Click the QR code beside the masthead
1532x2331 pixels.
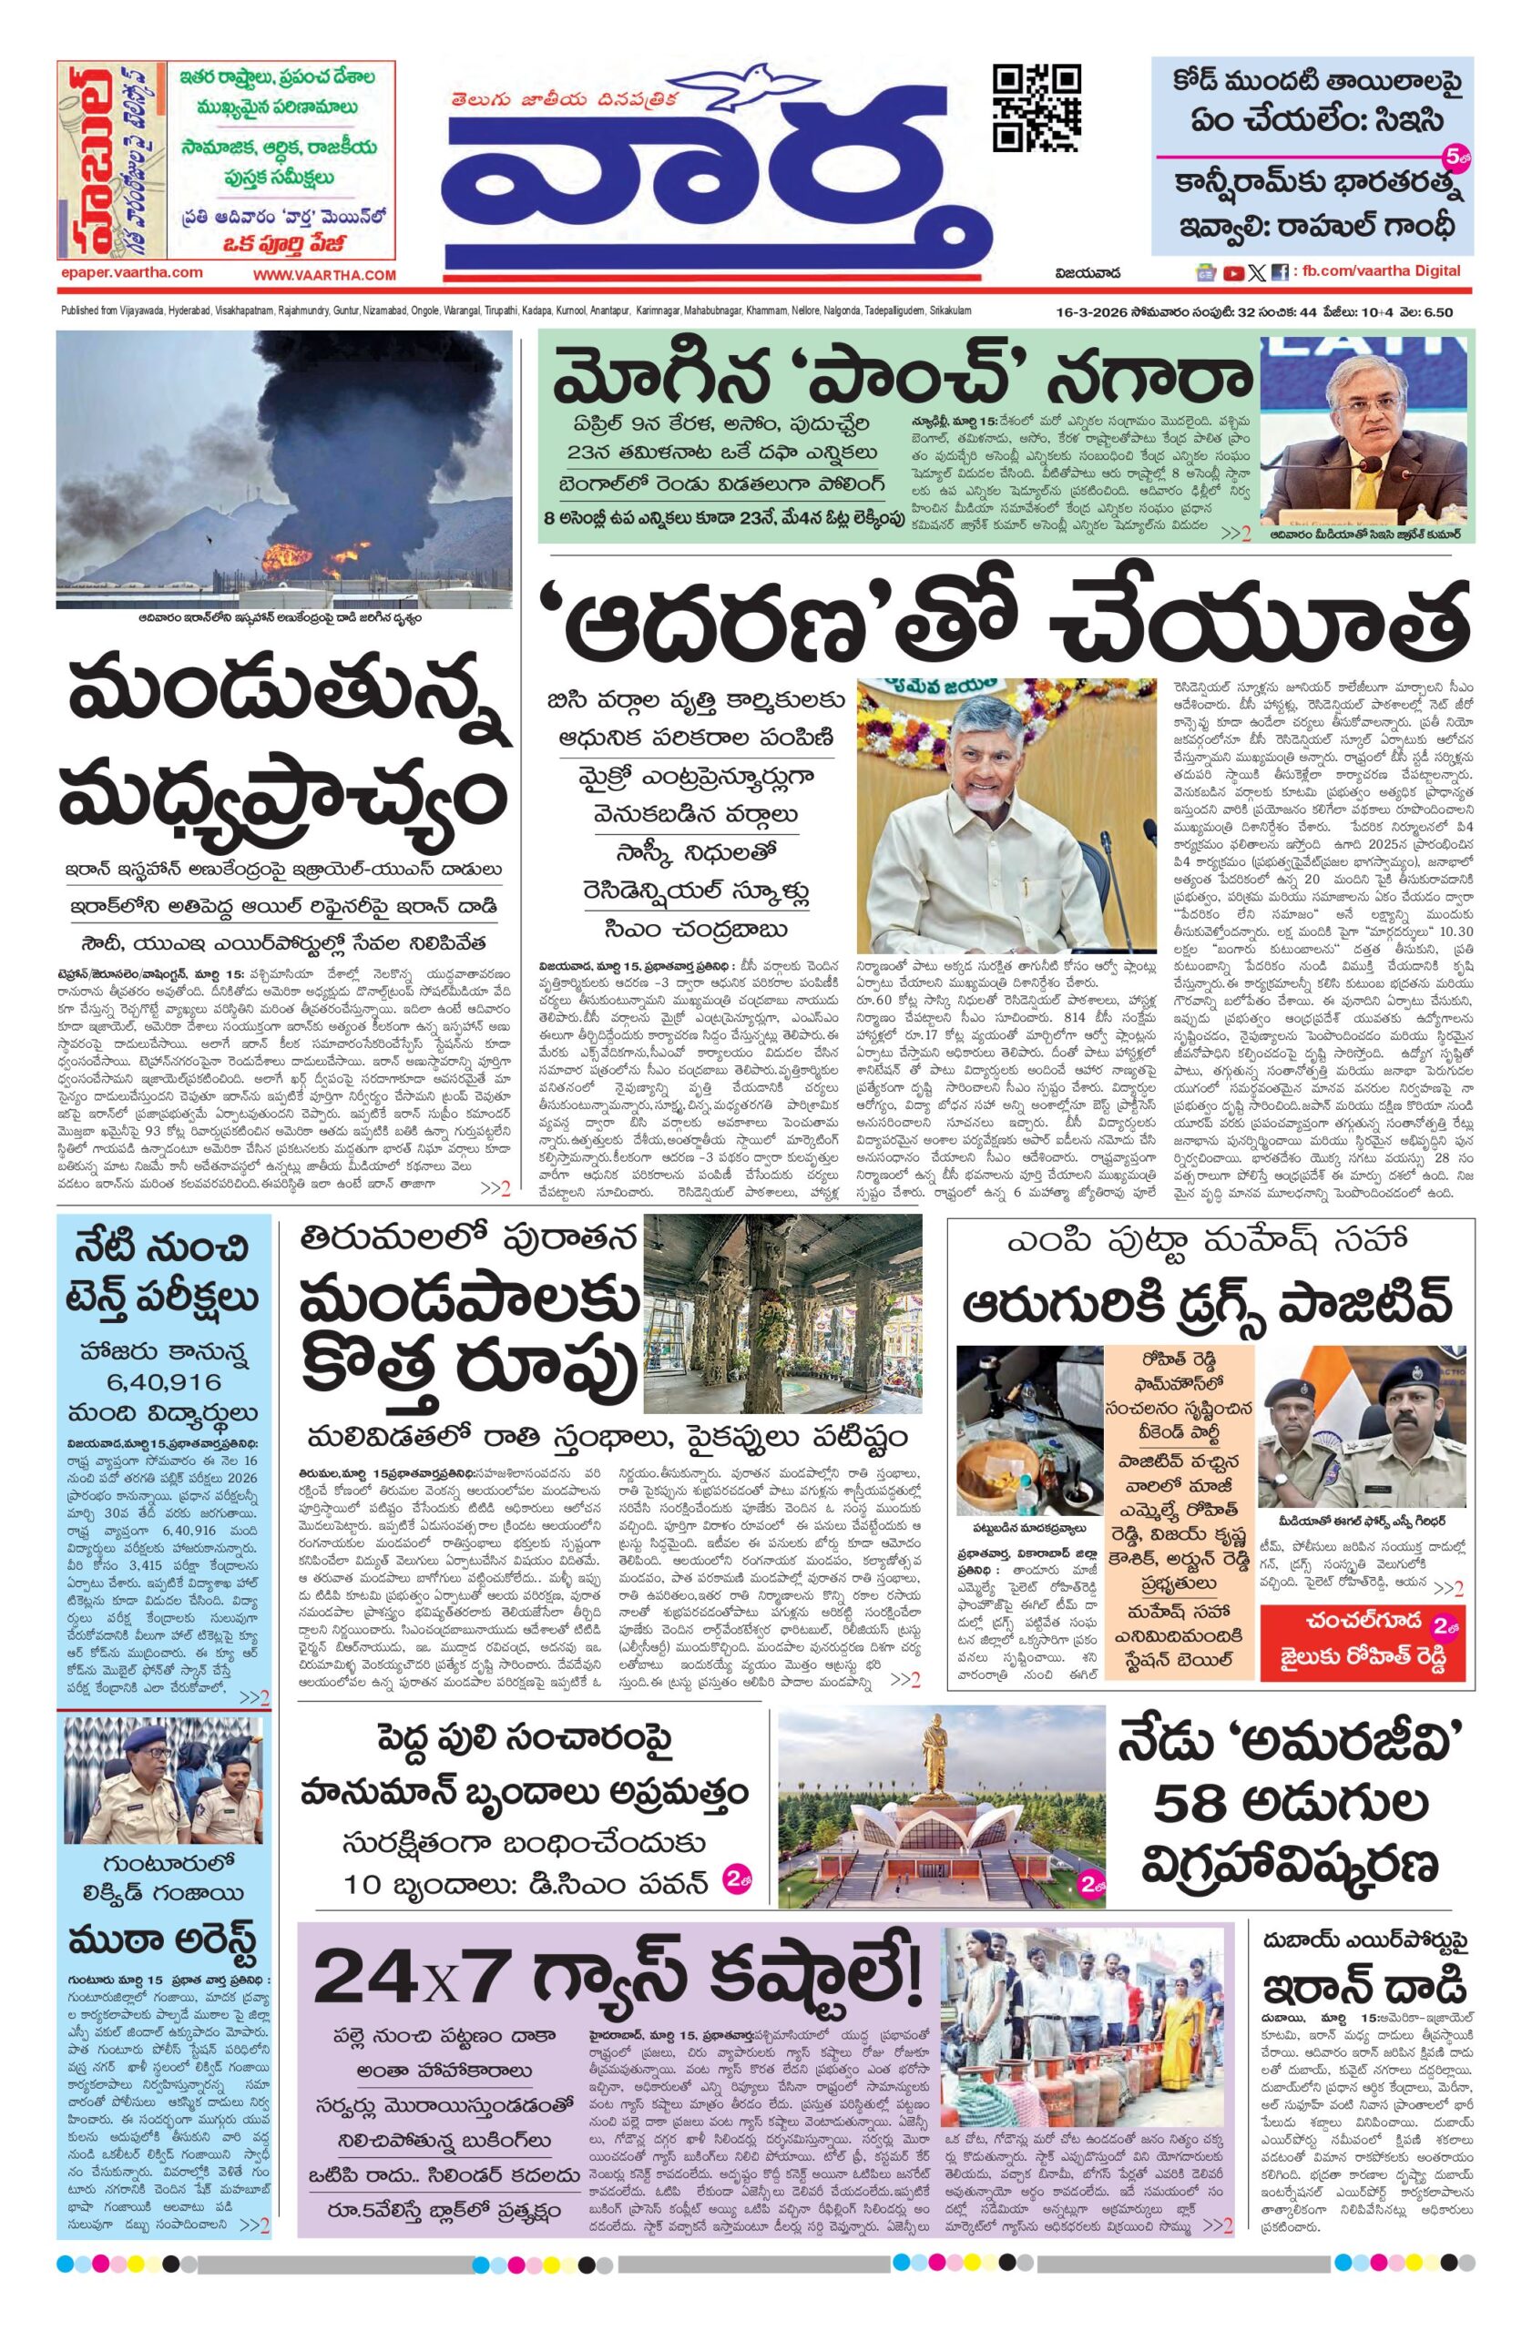pyautogui.click(x=1037, y=108)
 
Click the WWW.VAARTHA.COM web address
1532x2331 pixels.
pyautogui.click(x=324, y=276)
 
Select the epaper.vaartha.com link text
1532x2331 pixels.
pyautogui.click(x=130, y=273)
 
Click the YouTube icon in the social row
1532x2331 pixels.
pyautogui.click(x=1233, y=272)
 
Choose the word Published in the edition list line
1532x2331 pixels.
pyautogui.click(x=82, y=310)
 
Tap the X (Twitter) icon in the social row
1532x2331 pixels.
pyautogui.click(x=1257, y=272)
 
